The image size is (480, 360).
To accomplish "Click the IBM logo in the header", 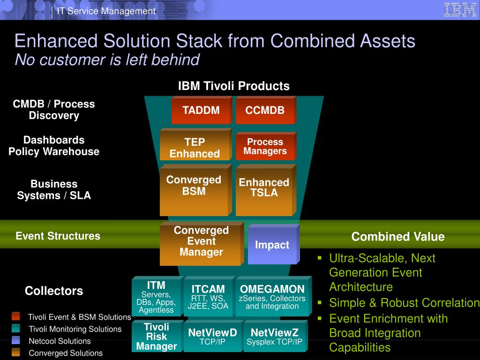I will (x=460, y=10).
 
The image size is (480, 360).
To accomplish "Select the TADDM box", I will (x=201, y=111).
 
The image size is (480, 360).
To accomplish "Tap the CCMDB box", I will (x=265, y=111).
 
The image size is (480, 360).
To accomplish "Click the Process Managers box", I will (x=265, y=147).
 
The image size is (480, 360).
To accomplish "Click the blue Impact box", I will (x=272, y=245).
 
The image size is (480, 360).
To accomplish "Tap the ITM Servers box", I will (x=156, y=297).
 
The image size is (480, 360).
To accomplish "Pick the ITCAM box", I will (x=208, y=297).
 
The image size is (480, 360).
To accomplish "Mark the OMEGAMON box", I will (x=272, y=297).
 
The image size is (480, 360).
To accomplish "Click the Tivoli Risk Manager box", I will (x=157, y=337).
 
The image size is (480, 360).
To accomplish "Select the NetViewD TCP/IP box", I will (x=212, y=337).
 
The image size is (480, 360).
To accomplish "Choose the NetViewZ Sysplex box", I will (x=275, y=337).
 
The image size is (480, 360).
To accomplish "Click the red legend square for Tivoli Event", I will (x=16, y=316).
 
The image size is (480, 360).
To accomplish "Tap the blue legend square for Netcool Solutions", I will (x=16, y=340).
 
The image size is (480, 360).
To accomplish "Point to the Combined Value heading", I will (x=398, y=237).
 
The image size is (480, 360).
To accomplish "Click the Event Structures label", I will (x=58, y=236).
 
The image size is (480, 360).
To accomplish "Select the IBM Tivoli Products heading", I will (x=233, y=86).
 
